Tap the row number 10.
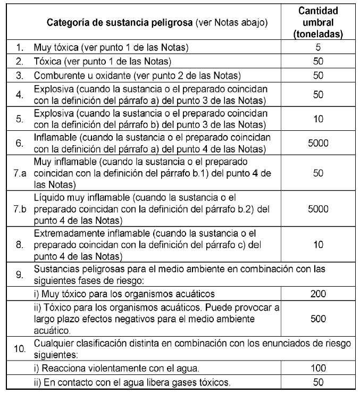(x=19, y=349)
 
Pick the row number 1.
(x=19, y=47)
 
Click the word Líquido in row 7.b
(x=48, y=198)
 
